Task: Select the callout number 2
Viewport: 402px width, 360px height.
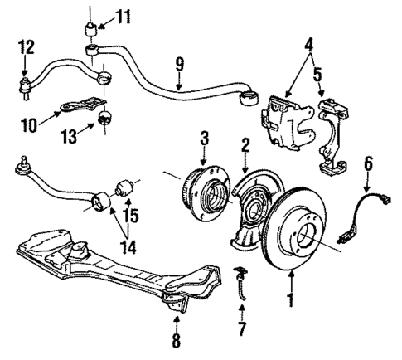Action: point(245,145)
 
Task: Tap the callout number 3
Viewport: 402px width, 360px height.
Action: point(203,137)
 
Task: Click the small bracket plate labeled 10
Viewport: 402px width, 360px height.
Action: point(81,107)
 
